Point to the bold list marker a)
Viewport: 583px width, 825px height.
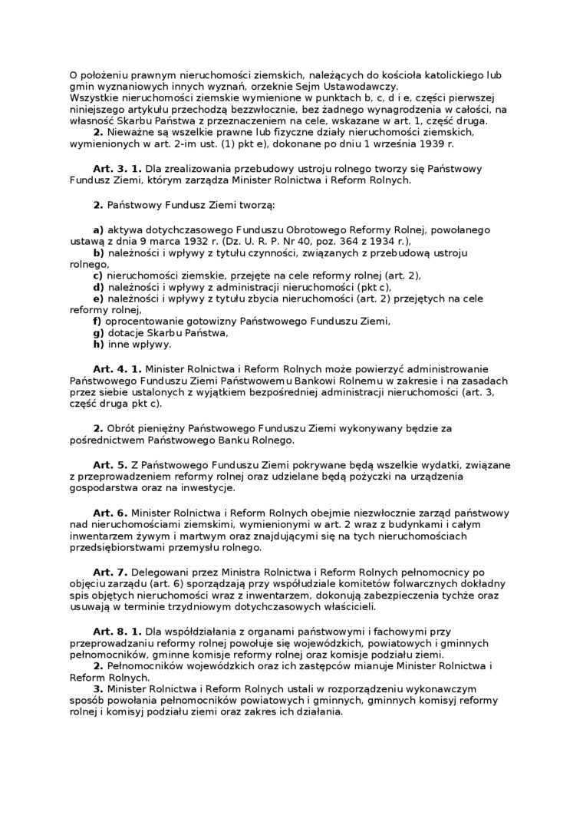(x=98, y=229)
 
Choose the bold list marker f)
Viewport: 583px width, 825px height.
(x=97, y=321)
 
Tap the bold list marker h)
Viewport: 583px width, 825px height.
(x=98, y=344)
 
